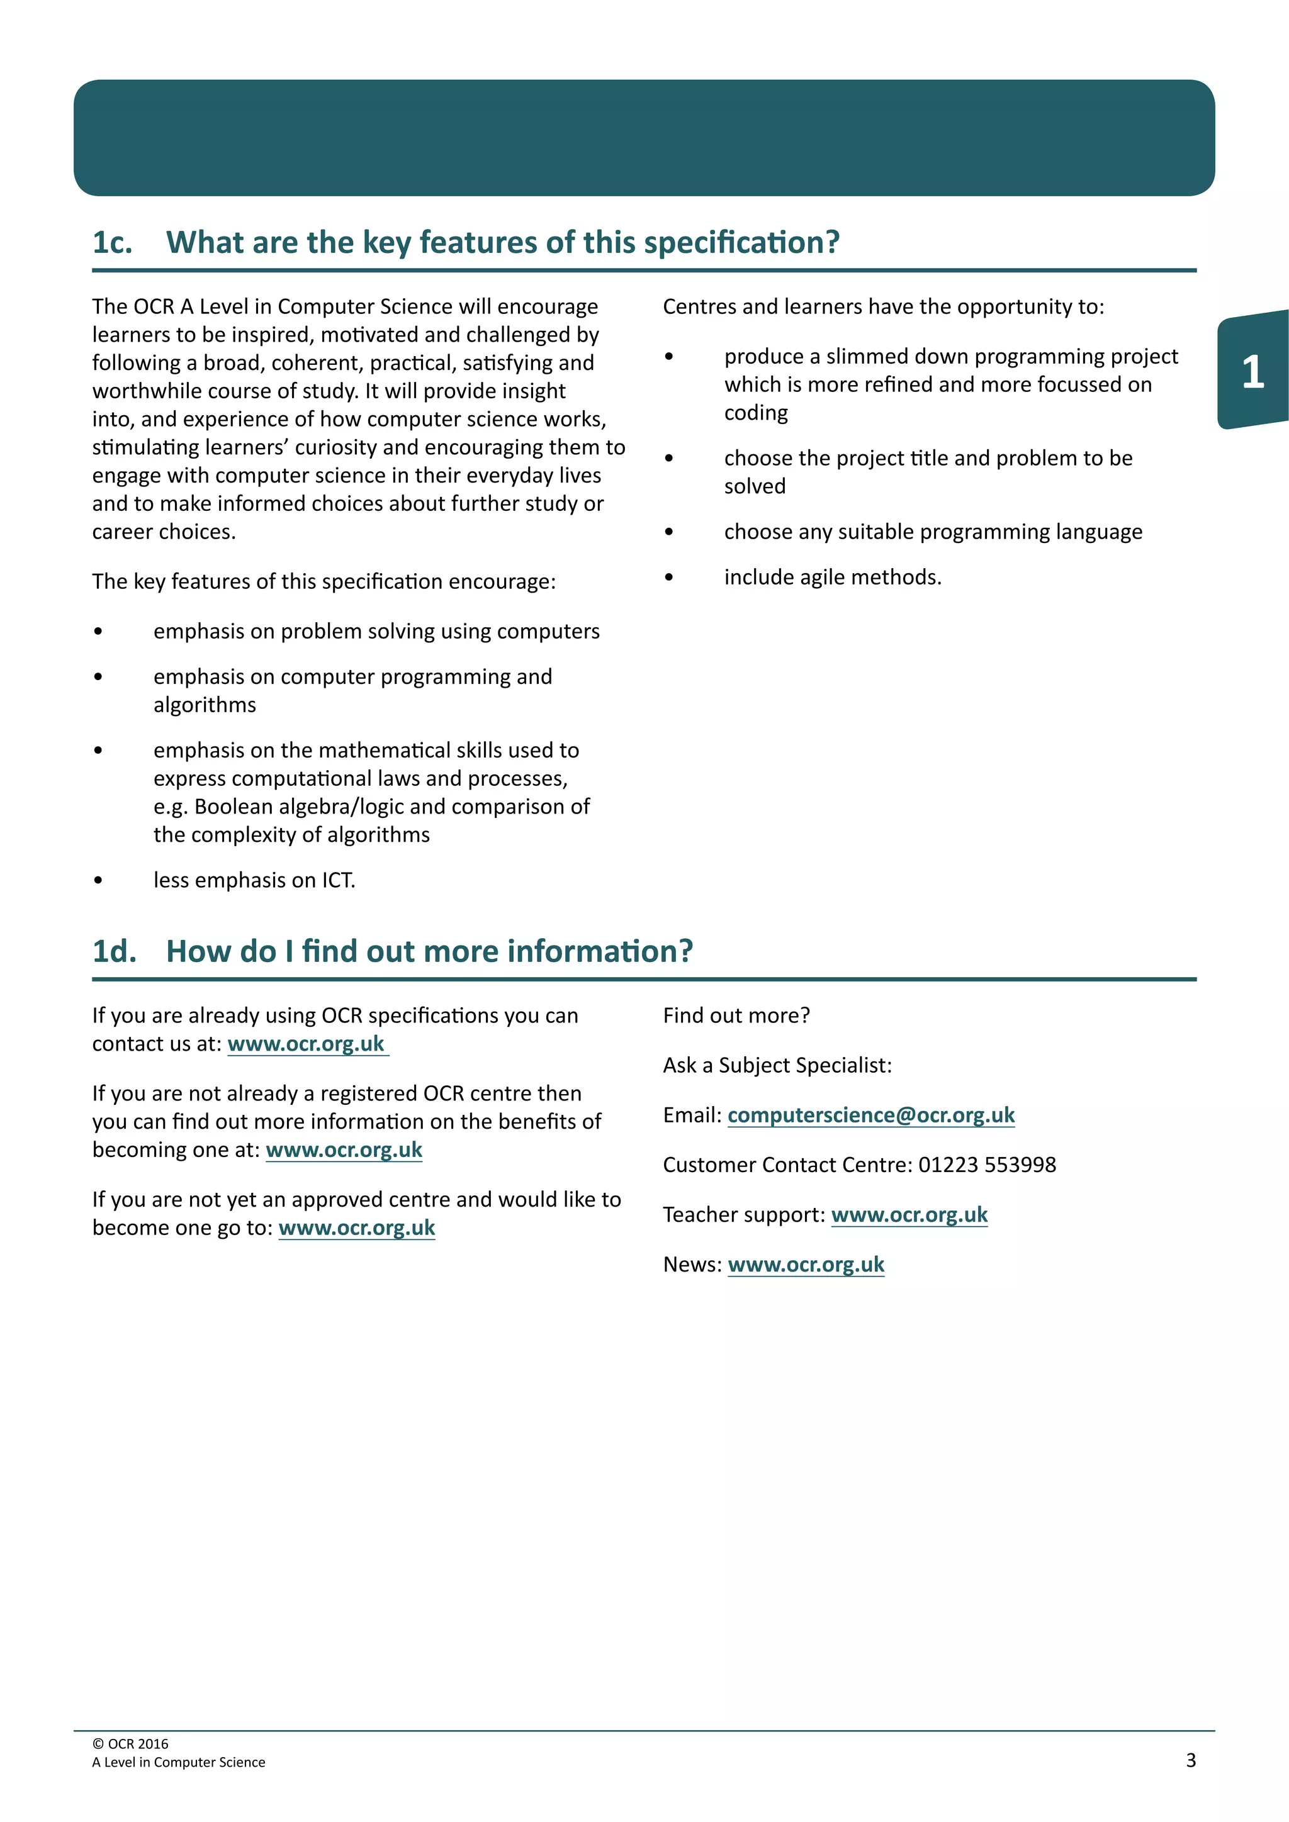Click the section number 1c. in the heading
(112, 243)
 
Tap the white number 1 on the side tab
(1252, 371)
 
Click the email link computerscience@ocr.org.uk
(870, 1115)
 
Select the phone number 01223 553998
(987, 1165)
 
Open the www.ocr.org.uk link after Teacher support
(909, 1215)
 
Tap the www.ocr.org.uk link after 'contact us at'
(307, 1044)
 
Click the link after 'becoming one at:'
(344, 1150)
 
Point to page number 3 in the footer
(1191, 1760)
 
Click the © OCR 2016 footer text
(130, 1743)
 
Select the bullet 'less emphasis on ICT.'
(254, 880)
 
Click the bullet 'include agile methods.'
(832, 577)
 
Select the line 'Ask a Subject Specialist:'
(777, 1065)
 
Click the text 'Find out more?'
(736, 1015)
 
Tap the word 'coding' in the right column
(756, 413)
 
